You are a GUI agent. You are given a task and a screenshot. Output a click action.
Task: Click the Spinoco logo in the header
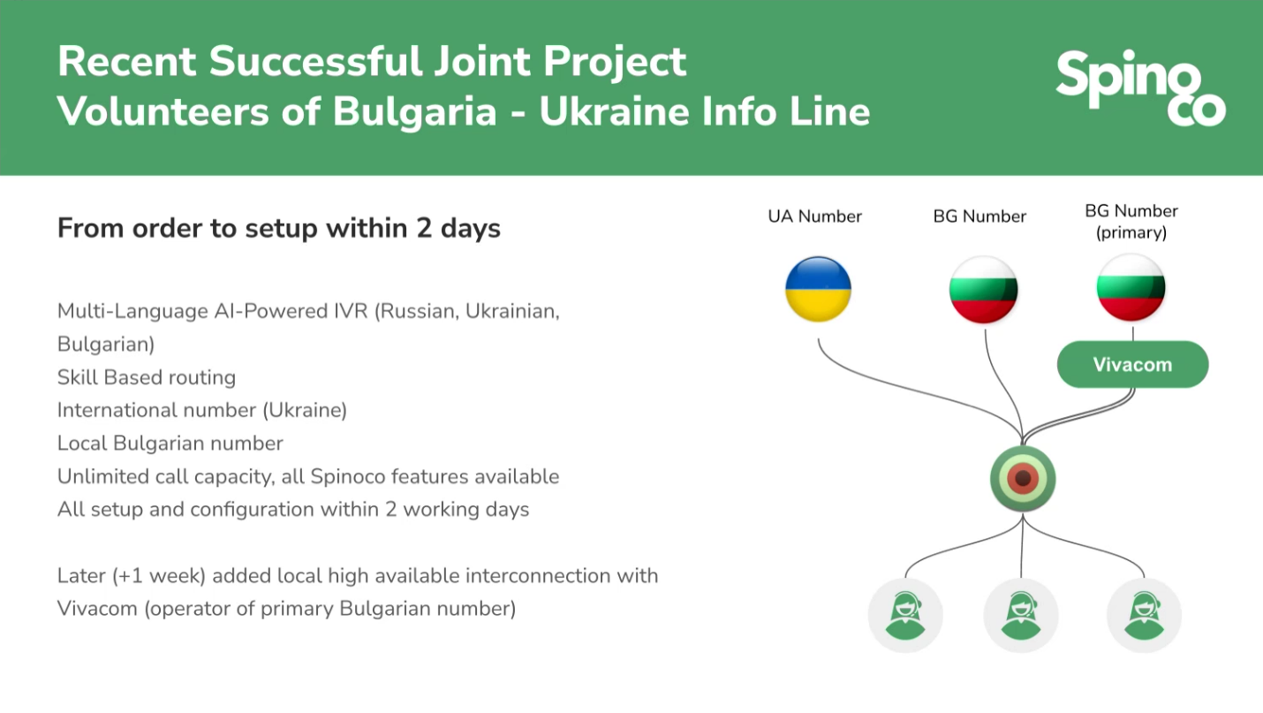click(x=1140, y=87)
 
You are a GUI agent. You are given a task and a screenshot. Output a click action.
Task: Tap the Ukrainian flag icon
click(x=818, y=290)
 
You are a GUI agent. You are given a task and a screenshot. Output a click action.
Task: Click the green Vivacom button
click(x=1133, y=364)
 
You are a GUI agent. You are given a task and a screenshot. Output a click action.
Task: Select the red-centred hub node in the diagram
click(x=1023, y=478)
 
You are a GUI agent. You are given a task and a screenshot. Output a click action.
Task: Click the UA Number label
click(x=814, y=216)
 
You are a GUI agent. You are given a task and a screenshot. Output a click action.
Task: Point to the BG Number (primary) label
click(x=1131, y=222)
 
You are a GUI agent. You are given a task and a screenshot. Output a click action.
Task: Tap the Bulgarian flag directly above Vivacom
click(x=1131, y=288)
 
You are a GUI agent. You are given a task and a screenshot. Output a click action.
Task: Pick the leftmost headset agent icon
click(x=905, y=616)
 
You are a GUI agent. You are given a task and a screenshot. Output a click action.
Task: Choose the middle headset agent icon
click(x=1021, y=616)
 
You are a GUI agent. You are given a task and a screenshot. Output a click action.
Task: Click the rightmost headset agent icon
click(x=1144, y=616)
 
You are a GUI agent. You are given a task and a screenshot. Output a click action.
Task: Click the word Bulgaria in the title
click(x=414, y=111)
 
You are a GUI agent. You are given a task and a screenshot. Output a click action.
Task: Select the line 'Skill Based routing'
click(x=147, y=377)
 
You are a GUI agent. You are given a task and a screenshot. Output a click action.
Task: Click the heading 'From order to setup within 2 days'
click(x=279, y=229)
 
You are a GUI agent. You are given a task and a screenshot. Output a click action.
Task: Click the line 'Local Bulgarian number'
click(x=170, y=444)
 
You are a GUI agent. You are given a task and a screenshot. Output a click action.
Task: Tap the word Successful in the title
click(x=315, y=62)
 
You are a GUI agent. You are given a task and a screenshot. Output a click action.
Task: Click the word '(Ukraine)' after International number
click(x=305, y=411)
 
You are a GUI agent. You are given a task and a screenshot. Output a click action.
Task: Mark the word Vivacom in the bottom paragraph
click(x=97, y=609)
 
